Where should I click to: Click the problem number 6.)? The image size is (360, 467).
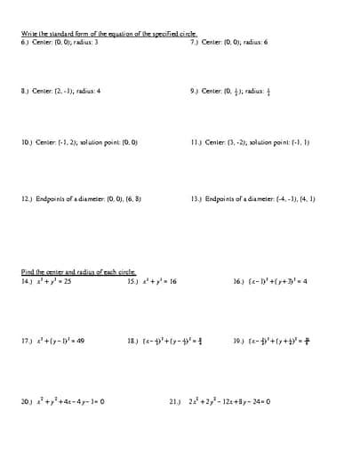(26, 42)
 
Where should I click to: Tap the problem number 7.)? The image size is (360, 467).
(195, 42)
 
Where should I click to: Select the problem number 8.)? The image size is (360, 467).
(26, 91)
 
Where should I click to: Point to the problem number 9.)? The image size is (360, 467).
(195, 91)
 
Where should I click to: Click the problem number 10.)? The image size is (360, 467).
(28, 141)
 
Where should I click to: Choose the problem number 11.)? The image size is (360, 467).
(196, 141)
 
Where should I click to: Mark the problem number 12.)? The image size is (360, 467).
(28, 199)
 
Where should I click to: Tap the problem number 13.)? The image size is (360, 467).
(196, 199)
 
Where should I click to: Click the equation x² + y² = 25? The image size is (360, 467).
(53, 280)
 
